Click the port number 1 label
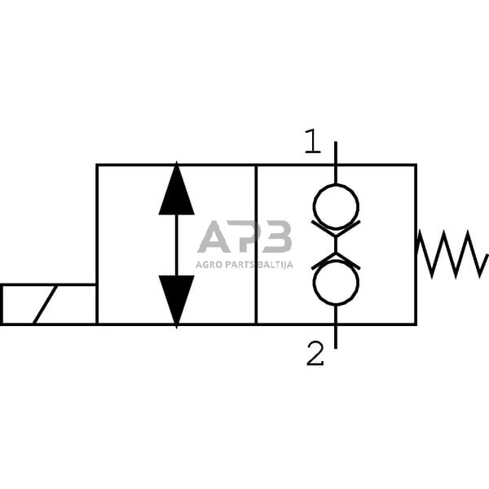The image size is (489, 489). (313, 142)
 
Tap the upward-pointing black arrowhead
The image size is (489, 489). (177, 192)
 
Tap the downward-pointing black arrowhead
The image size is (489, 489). (177, 298)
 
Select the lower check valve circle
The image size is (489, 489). (336, 283)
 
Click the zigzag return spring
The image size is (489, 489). (452, 253)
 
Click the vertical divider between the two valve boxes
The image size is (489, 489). (256, 244)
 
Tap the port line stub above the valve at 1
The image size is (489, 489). (336, 152)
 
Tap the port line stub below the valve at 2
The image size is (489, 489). (336, 337)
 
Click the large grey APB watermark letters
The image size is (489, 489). (244, 236)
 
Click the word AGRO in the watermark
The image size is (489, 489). (210, 263)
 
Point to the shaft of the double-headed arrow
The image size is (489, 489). (177, 244)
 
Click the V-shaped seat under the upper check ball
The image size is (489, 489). (336, 227)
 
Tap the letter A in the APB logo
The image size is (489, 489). (215, 236)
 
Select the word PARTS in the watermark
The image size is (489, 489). (241, 263)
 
